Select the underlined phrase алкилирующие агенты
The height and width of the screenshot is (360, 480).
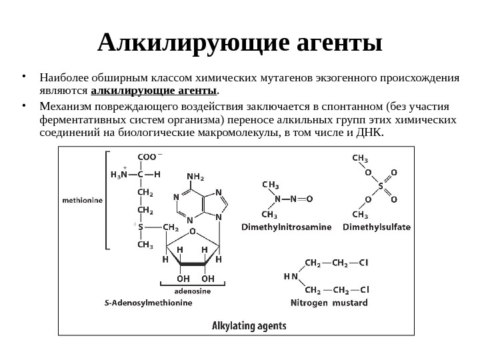[x=153, y=90]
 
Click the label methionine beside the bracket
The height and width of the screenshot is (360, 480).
[x=83, y=198]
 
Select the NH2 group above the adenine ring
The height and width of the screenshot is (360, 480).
[x=195, y=177]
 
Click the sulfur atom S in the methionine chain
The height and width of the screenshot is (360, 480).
[x=141, y=227]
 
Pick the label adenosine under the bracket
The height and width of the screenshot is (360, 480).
[x=193, y=291]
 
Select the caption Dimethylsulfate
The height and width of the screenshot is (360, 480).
[x=377, y=227]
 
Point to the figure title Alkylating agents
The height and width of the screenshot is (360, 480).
[x=249, y=326]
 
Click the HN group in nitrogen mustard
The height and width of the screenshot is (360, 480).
[x=290, y=275]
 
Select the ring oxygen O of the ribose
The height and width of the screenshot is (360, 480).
[x=193, y=232]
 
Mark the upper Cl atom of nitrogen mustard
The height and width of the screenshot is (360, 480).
[x=363, y=261]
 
